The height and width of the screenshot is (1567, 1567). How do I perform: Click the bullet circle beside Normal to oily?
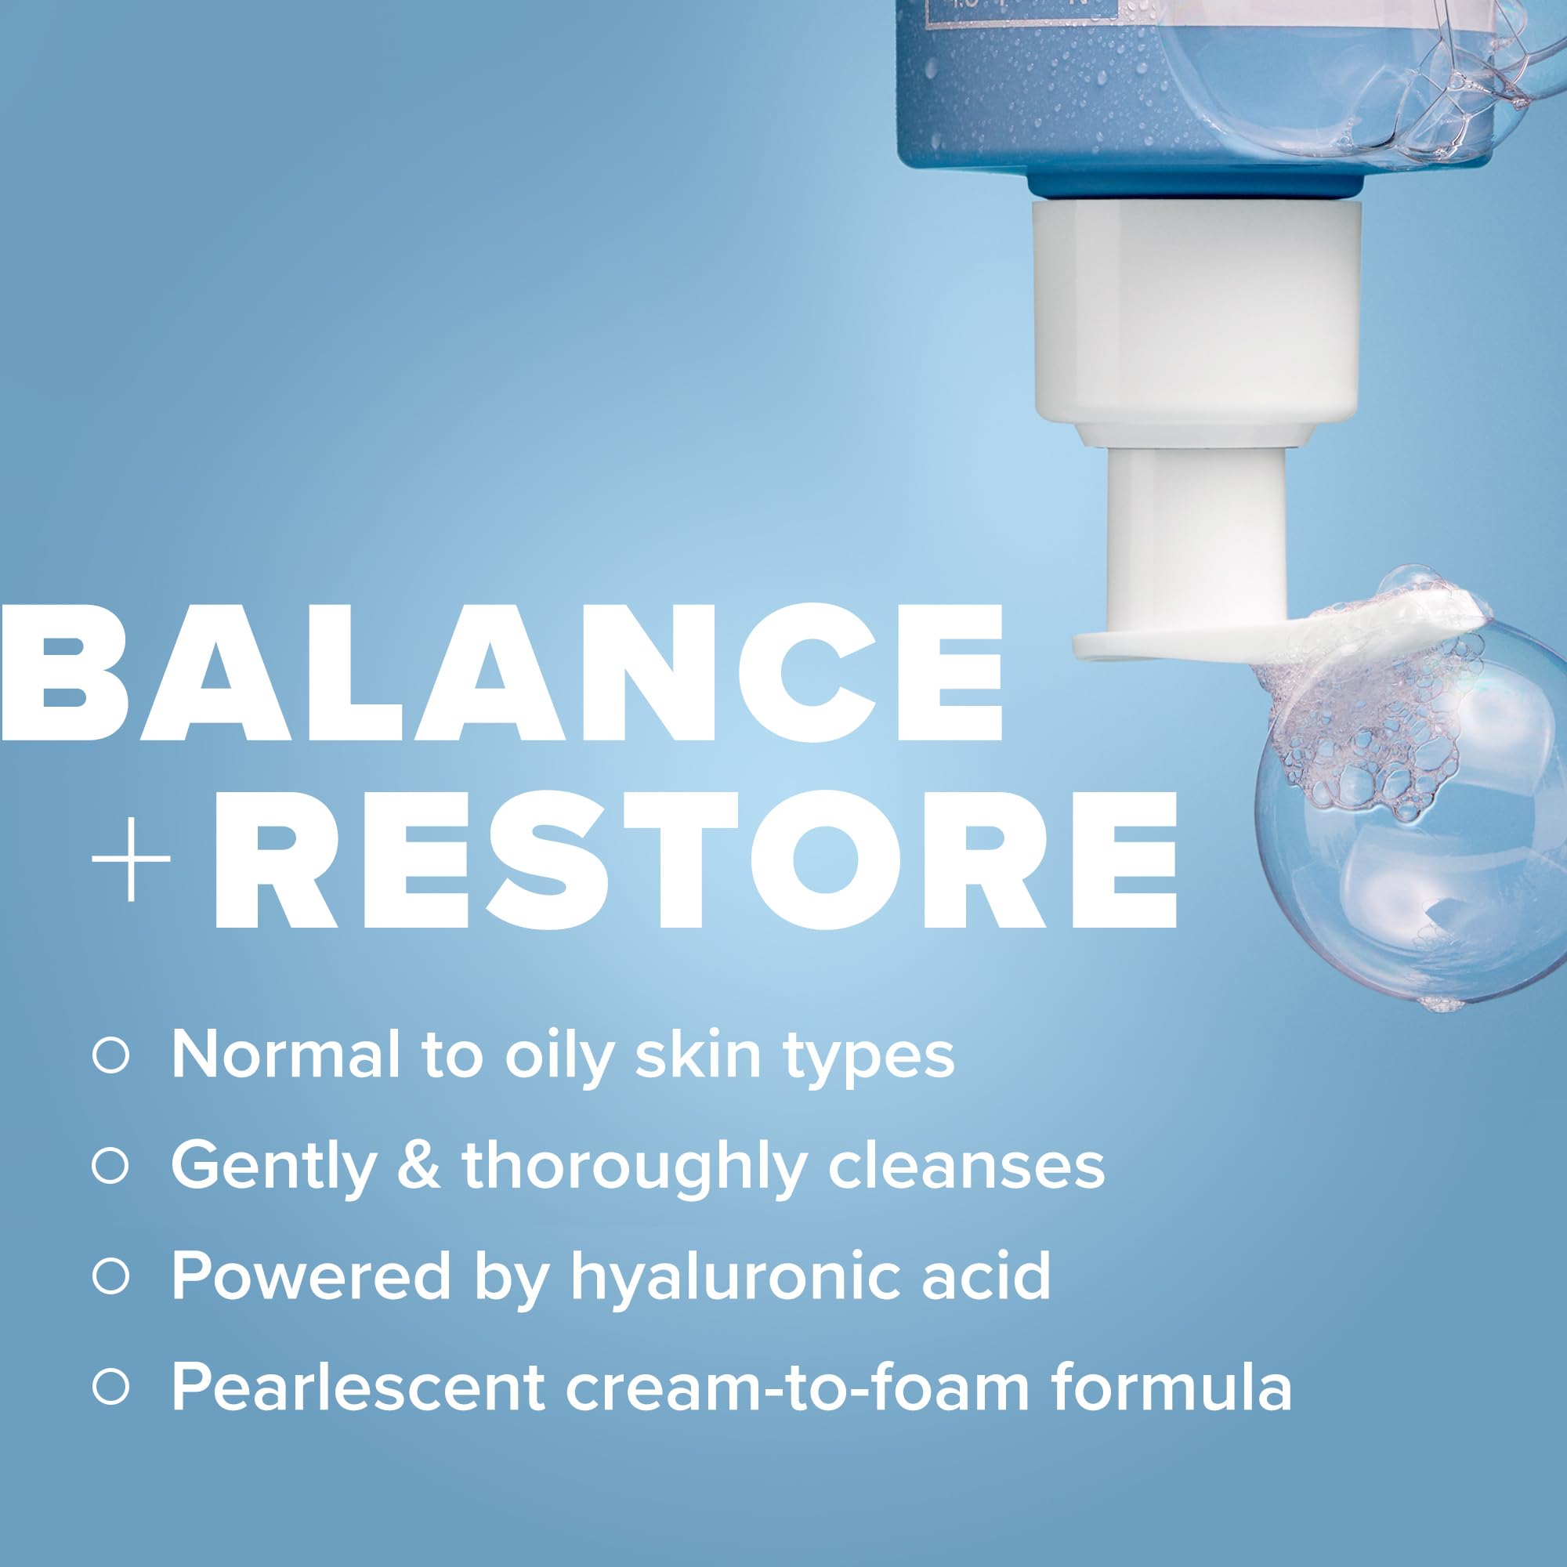(111, 1057)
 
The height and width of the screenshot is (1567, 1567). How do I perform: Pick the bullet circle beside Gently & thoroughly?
(111, 1167)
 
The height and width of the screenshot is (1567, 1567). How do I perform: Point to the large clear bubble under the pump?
(1411, 852)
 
